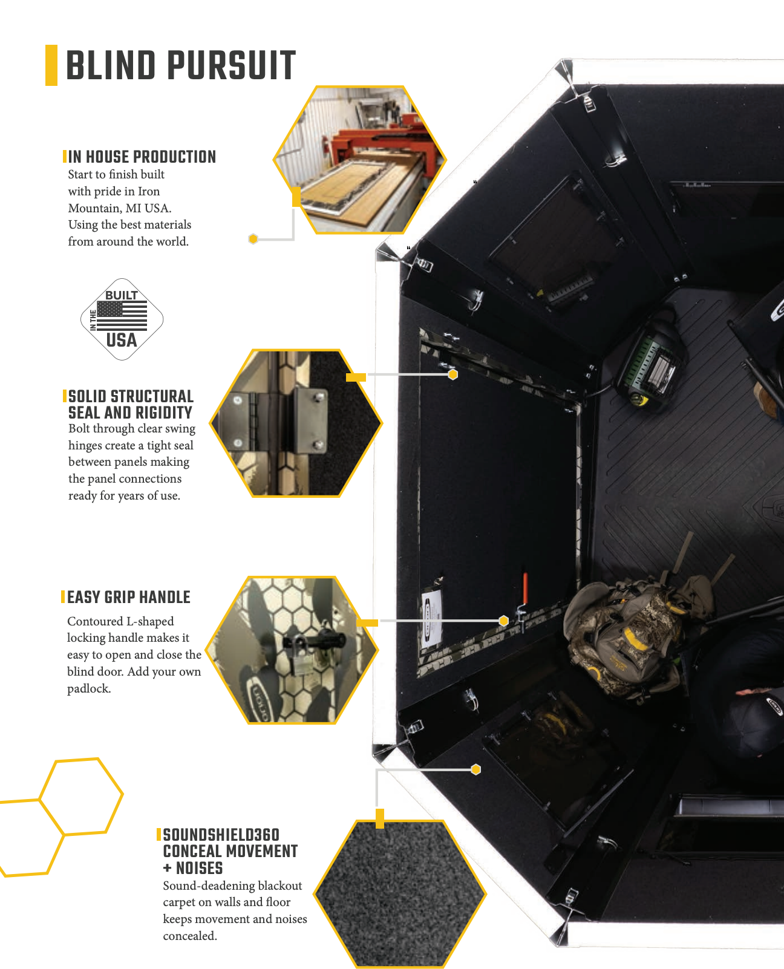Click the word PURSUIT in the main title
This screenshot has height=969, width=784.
point(232,65)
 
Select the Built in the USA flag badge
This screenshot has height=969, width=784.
point(122,319)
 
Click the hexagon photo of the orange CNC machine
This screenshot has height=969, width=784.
point(359,160)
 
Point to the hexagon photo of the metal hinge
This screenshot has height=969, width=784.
point(296,423)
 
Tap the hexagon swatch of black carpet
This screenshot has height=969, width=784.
point(400,894)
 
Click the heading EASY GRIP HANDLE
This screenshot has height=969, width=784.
point(129,598)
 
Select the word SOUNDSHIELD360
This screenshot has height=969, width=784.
point(221,835)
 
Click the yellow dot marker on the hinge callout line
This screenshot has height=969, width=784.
point(452,374)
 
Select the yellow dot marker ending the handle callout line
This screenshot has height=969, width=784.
point(504,621)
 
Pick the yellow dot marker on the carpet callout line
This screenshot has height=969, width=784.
point(476,769)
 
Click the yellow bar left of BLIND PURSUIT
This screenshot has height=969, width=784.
point(51,65)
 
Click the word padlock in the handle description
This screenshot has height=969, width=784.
point(89,689)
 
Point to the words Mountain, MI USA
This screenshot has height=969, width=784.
point(120,208)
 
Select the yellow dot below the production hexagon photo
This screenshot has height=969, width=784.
point(253,238)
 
